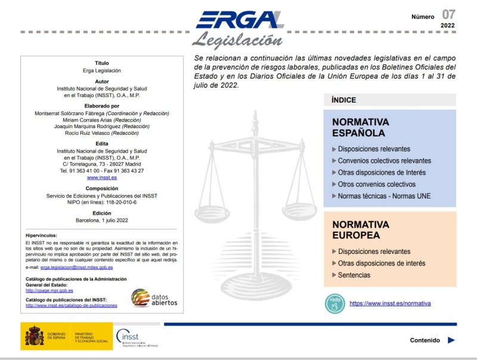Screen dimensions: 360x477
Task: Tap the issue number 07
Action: click(x=448, y=14)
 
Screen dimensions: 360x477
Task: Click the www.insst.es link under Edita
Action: click(x=101, y=178)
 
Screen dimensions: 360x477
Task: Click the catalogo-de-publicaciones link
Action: click(x=72, y=305)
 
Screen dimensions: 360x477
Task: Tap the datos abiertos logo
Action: click(x=154, y=297)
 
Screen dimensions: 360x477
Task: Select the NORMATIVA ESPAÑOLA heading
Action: click(x=358, y=128)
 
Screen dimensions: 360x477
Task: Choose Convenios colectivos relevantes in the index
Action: click(x=384, y=161)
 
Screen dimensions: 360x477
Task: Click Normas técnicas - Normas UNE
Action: click(x=384, y=196)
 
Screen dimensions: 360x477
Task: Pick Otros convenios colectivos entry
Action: click(x=376, y=184)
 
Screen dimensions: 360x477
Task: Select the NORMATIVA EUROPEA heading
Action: click(x=360, y=229)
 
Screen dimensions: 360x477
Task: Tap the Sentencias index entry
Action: click(x=354, y=275)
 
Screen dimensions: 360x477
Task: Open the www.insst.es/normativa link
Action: click(x=390, y=303)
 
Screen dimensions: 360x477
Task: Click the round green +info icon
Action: click(x=334, y=303)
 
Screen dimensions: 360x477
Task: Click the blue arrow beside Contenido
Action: click(x=451, y=340)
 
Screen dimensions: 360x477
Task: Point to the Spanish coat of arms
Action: click(x=34, y=336)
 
